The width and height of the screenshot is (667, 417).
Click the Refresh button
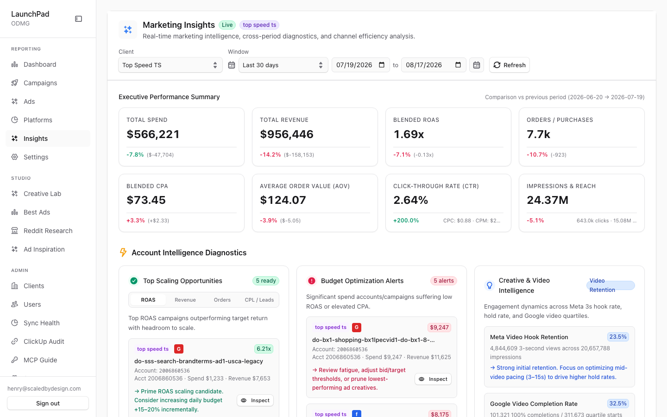[x=509, y=65]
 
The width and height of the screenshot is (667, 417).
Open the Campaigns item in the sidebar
[x=40, y=83]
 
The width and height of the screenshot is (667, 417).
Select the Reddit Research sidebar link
[x=48, y=231]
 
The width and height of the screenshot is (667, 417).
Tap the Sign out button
[x=48, y=403]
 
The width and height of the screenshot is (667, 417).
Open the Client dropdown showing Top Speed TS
[x=170, y=65]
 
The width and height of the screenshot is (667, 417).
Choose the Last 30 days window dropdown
[x=283, y=65]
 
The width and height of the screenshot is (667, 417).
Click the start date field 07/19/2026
[x=360, y=65]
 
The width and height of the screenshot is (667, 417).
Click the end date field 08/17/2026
[x=434, y=65]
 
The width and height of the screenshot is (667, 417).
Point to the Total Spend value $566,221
[x=153, y=134]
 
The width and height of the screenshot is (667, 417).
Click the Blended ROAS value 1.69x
[x=409, y=134]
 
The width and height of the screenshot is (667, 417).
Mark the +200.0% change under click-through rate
[x=406, y=221]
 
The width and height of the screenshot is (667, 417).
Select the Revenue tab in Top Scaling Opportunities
[x=185, y=300]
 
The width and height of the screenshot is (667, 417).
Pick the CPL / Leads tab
[x=259, y=300]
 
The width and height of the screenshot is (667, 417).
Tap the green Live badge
[x=227, y=25]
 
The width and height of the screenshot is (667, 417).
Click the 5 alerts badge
[x=444, y=281]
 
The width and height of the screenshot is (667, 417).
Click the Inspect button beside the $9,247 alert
[x=433, y=379]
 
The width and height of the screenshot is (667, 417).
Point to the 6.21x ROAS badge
[x=264, y=349]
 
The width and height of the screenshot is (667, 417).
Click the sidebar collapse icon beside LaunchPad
[x=79, y=19]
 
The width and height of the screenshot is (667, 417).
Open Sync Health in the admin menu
[x=41, y=323]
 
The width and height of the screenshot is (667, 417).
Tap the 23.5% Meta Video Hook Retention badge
[x=618, y=337]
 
